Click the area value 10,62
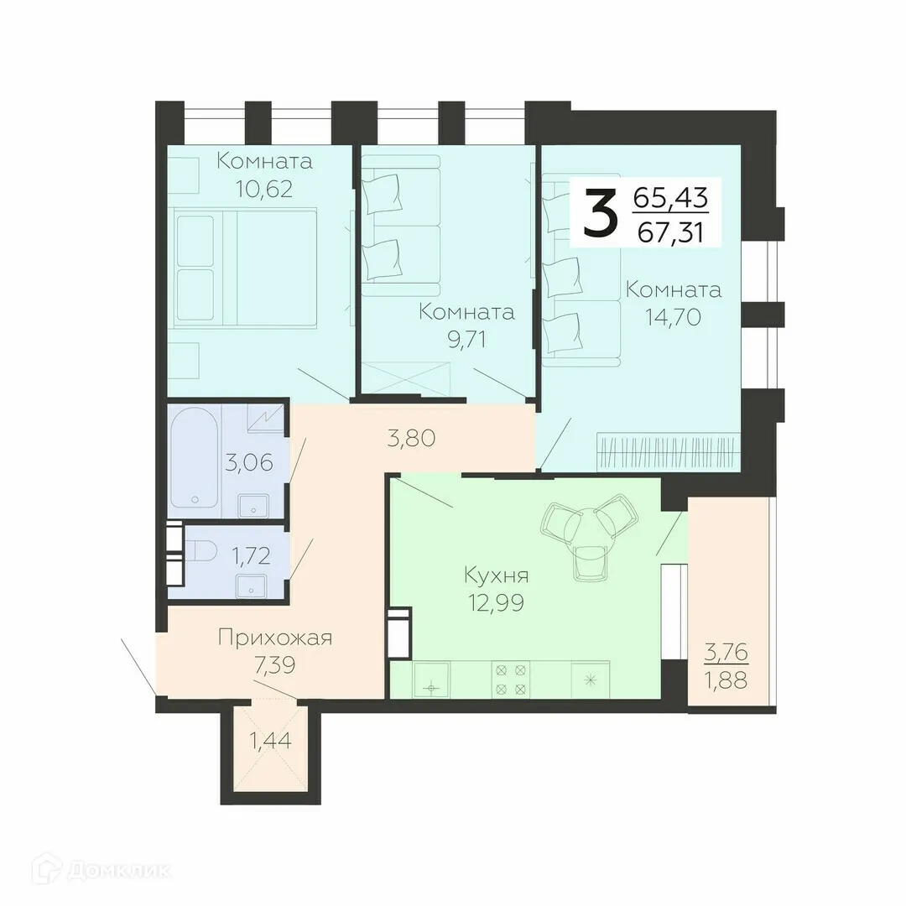pyautogui.click(x=263, y=190)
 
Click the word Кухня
pyautogui.click(x=497, y=575)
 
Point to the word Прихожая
pyautogui.click(x=275, y=638)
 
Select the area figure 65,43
pyautogui.click(x=671, y=198)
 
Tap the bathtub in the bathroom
pyautogui.click(x=194, y=457)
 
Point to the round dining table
pyautogui.click(x=585, y=528)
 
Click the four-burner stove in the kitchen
pyautogui.click(x=512, y=679)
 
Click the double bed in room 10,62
pyautogui.click(x=246, y=267)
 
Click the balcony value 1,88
pyautogui.click(x=726, y=679)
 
